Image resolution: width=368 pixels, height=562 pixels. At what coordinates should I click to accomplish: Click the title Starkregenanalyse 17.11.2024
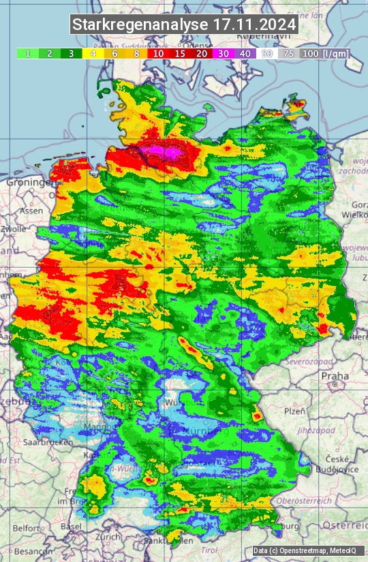click(x=184, y=25)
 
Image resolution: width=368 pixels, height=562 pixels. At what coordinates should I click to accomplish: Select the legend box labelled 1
click(x=27, y=53)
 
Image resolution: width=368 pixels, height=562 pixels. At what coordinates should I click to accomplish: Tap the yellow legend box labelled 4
click(x=92, y=53)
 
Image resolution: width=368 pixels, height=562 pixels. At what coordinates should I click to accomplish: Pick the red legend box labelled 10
click(x=158, y=53)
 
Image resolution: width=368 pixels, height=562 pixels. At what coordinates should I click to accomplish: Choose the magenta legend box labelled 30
click(x=224, y=53)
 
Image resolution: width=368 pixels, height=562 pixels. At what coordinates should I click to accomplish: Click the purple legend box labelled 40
click(x=245, y=53)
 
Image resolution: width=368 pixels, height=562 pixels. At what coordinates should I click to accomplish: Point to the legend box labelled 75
click(x=289, y=53)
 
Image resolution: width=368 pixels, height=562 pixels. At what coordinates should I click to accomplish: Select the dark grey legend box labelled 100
click(x=310, y=53)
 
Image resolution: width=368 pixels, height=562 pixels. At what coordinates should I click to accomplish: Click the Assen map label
click(x=31, y=211)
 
